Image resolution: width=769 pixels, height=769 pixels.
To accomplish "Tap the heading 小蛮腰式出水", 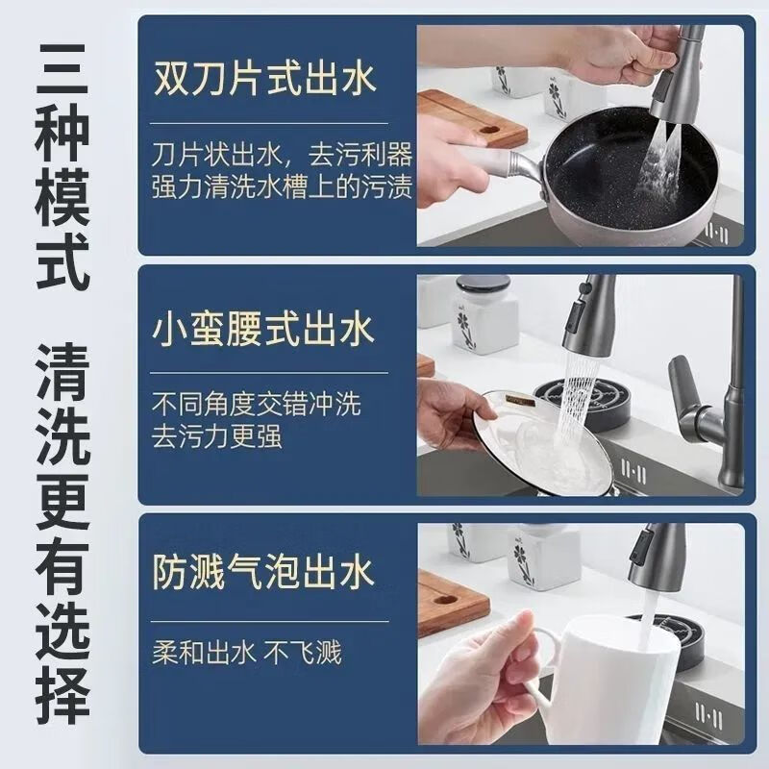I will pos(262,332).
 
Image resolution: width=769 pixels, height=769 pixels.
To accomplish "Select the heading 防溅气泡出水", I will pos(262,575).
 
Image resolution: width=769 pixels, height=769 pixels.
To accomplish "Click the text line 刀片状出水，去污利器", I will pos(282,153).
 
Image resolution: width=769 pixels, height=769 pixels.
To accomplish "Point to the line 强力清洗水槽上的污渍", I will pos(282,186).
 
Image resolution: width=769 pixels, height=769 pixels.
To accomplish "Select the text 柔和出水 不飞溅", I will pos(247,655).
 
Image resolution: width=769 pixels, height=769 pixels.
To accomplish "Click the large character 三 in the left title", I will pos(63,66).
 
